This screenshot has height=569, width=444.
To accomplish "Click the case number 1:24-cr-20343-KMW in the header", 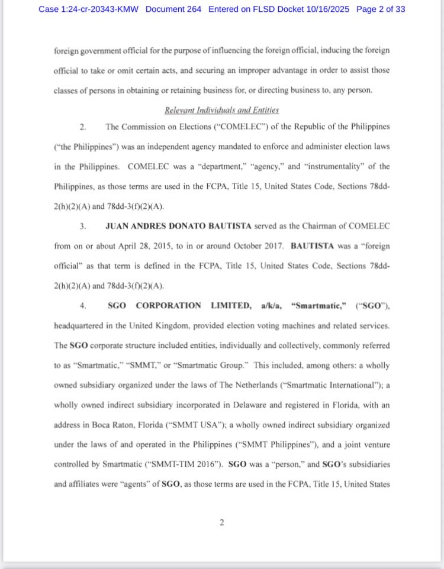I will tap(100, 9).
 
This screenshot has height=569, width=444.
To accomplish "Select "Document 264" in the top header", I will tap(173, 9).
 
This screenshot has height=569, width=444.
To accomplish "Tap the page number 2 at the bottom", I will tap(221, 522).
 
